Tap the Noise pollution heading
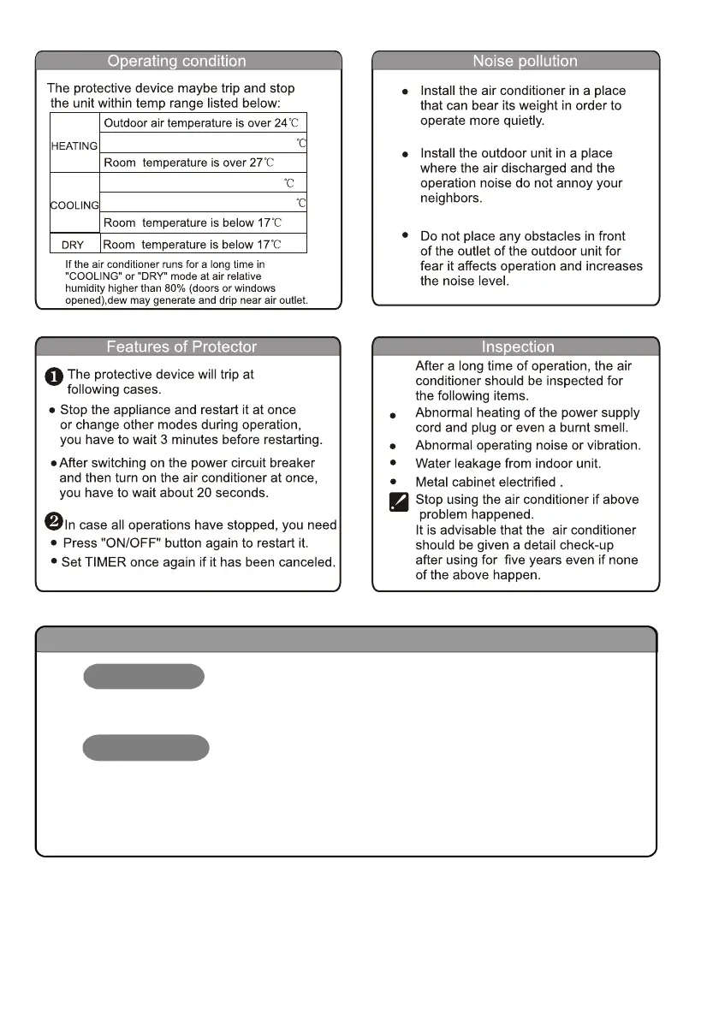[x=525, y=61]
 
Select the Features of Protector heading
[x=181, y=347]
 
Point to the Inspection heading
[x=518, y=347]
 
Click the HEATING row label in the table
[x=74, y=146]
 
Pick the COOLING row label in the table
[x=74, y=205]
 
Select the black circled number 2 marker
[x=55, y=524]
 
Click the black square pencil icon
[x=398, y=501]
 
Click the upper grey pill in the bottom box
[x=143, y=676]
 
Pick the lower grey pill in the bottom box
[x=146, y=747]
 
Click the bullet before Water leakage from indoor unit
[x=392, y=463]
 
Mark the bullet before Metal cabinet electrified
[x=392, y=482]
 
